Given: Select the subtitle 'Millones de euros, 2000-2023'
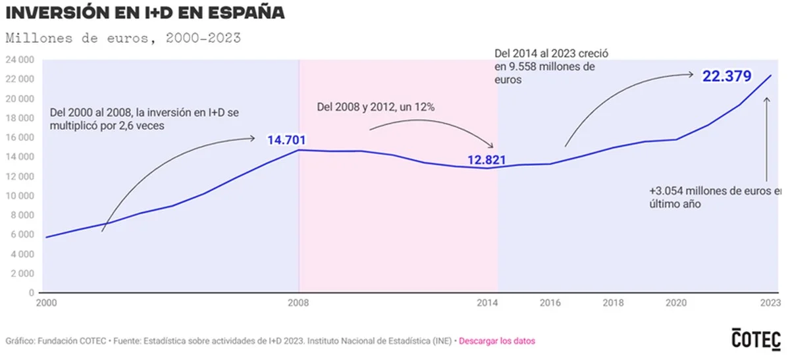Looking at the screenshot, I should pyautogui.click(x=123, y=38).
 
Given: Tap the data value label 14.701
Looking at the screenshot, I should pyautogui.click(x=286, y=140).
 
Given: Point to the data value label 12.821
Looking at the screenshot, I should pyautogui.click(x=488, y=159).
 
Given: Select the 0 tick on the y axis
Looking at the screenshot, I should pyautogui.click(x=31, y=293).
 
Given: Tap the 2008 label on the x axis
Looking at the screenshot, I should pyautogui.click(x=300, y=303).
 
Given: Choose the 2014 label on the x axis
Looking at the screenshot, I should pyautogui.click(x=488, y=303).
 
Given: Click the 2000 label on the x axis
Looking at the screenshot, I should pyautogui.click(x=45, y=303).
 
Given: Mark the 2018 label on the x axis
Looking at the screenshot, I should pyautogui.click(x=614, y=303).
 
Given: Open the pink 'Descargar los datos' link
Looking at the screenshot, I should pyautogui.click(x=496, y=341).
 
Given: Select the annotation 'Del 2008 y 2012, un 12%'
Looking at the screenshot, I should pyautogui.click(x=375, y=107).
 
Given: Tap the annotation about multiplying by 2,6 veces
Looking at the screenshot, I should pyautogui.click(x=144, y=119).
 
